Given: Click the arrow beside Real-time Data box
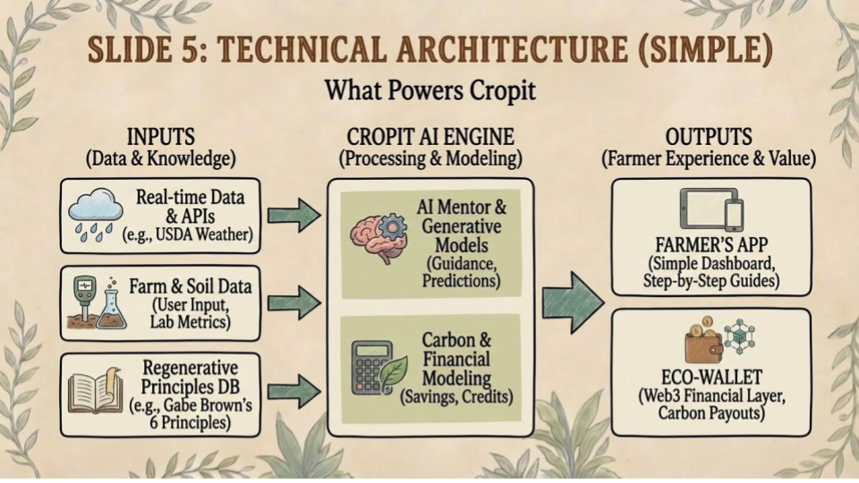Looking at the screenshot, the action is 294,214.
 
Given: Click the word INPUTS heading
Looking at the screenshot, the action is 162,138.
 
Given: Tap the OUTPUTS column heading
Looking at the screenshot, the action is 708,138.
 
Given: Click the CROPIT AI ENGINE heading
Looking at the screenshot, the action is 432,138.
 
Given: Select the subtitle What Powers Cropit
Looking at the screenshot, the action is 429,90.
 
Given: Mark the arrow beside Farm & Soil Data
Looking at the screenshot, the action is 294,302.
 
